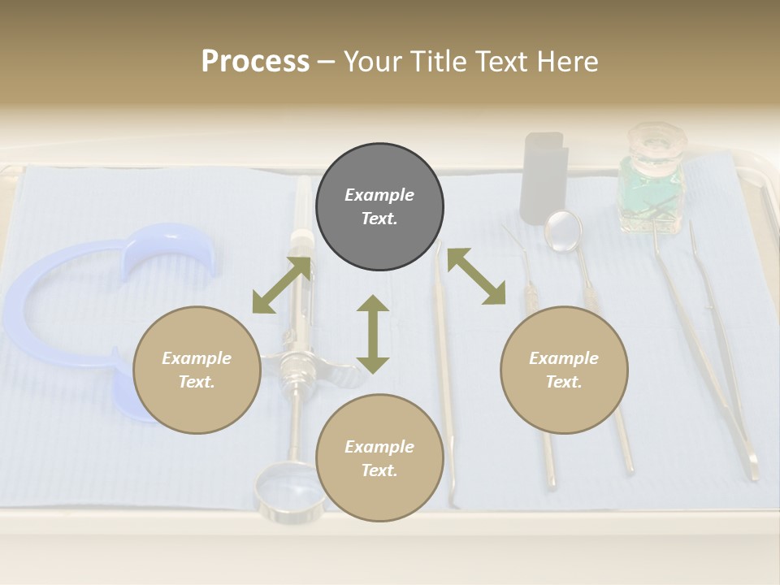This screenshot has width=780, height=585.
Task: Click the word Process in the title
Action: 255,61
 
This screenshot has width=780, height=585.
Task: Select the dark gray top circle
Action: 379,207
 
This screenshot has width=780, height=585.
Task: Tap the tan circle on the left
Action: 197,370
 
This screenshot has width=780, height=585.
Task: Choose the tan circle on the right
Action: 564,370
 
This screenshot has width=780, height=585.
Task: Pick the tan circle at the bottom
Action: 379,457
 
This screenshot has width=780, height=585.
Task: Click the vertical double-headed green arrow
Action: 372,334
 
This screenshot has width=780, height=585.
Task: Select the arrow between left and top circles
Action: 281,285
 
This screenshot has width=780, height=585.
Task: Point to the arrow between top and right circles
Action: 476,276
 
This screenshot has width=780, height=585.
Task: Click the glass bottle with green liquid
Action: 651,191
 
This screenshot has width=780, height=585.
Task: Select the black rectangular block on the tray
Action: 544,177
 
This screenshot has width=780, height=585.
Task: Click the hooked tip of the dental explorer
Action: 510,236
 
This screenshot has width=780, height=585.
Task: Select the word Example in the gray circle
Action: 379,195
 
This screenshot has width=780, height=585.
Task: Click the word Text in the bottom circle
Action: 379,470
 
